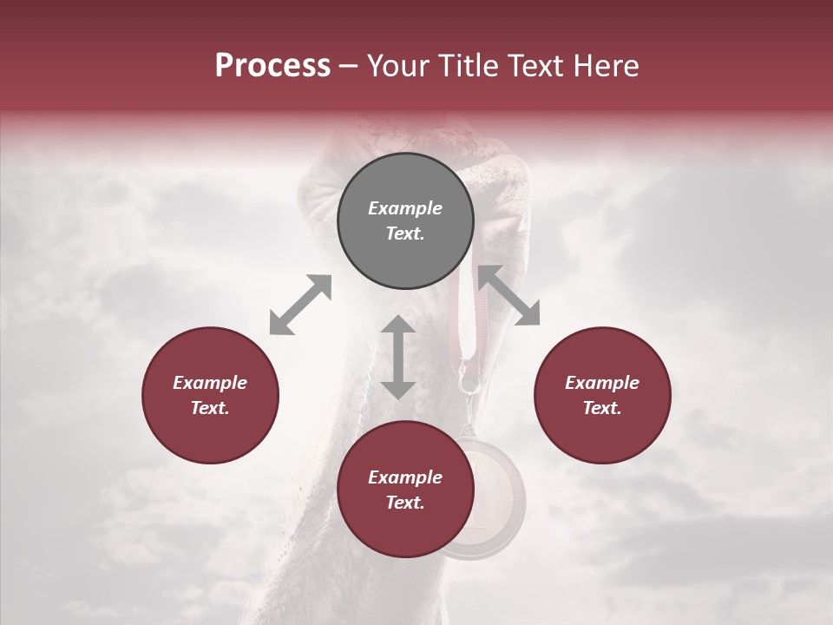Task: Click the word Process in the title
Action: click(x=272, y=66)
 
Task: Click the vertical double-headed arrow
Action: click(x=398, y=357)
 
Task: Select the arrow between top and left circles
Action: click(x=300, y=305)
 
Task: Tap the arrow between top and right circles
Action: click(x=508, y=295)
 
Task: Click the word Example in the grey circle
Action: click(x=405, y=208)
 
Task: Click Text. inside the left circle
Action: click(x=210, y=408)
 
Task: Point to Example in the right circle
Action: click(x=602, y=383)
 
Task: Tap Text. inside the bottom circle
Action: click(x=405, y=503)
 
